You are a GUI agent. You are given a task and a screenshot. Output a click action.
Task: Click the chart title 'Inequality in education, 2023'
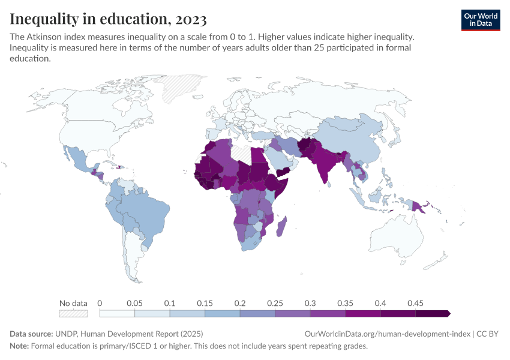[x=108, y=19]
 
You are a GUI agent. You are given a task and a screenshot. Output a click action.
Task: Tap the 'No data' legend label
[x=73, y=303]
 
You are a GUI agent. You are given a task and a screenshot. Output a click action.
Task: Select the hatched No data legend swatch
[x=73, y=313]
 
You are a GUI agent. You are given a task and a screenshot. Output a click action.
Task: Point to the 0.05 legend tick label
[x=134, y=303]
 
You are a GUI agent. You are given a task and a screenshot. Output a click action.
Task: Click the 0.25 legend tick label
[x=274, y=303]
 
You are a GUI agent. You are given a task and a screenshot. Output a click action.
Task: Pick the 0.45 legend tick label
[x=415, y=303]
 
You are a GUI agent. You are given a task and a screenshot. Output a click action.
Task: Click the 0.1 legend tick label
[x=170, y=303]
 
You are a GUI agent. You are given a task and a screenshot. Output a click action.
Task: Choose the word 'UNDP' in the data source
[x=67, y=334]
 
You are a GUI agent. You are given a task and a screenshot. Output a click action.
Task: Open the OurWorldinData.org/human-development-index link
[x=386, y=334]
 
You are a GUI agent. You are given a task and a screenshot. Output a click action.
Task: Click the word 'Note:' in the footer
[x=19, y=346]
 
